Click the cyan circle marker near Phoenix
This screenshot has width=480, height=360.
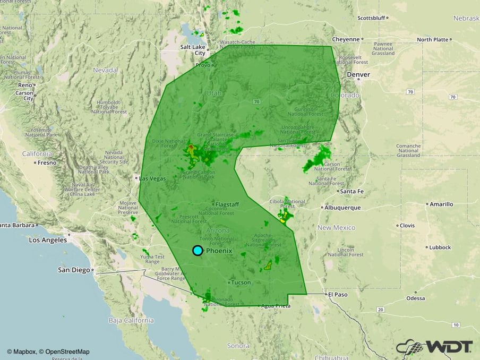coord(198,251)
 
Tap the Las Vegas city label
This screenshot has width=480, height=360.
coord(152,178)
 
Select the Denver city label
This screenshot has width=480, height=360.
coord(358,75)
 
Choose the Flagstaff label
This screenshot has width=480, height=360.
coord(228,204)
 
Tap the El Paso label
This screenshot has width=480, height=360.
coord(337,294)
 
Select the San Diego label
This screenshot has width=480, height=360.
coord(74,270)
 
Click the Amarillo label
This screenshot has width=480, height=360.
coord(441,204)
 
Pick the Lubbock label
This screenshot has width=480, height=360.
coord(440,247)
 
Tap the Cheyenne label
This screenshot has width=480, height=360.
coord(346,39)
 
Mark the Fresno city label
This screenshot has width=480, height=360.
coord(46,162)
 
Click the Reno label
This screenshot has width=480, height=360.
coord(25,85)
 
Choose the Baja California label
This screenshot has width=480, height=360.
coord(131,320)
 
